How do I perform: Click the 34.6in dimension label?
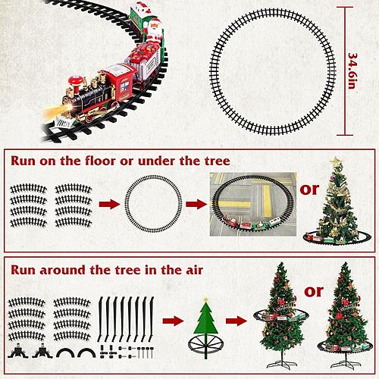(x=352, y=71)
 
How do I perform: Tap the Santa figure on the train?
(x=154, y=31)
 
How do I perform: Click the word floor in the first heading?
(x=101, y=161)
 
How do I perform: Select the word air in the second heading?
(x=194, y=270)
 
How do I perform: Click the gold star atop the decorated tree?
(x=336, y=161)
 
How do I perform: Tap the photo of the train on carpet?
(x=253, y=205)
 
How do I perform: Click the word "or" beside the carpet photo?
(x=309, y=189)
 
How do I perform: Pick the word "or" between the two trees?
(x=314, y=292)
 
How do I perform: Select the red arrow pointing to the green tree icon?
(x=174, y=321)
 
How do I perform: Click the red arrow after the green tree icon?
(x=236, y=321)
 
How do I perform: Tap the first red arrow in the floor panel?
(x=110, y=204)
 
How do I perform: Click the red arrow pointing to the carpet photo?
(x=196, y=204)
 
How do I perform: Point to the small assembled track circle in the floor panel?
(x=153, y=176)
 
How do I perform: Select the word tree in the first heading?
(x=218, y=161)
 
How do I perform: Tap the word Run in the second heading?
(x=23, y=270)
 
